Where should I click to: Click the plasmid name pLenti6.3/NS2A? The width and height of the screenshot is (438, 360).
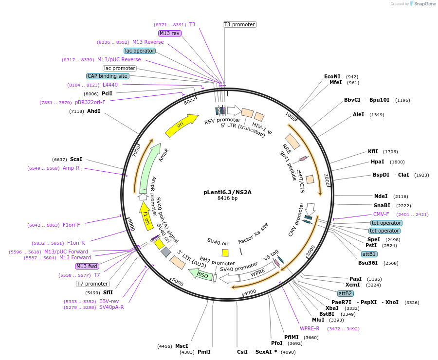227,192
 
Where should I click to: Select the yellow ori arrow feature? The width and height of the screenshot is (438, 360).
181,126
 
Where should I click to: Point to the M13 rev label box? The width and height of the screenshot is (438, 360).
170,33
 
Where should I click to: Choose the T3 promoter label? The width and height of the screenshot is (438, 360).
240,24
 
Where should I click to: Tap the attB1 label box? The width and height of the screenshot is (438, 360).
369,254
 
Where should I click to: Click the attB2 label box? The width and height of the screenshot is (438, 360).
346,293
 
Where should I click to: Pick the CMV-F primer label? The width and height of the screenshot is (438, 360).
381,214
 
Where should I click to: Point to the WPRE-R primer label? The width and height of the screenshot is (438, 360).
310,328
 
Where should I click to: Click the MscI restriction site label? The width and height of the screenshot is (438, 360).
182,346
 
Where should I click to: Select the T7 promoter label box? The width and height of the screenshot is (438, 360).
93,284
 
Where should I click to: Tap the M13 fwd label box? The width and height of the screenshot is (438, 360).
87,266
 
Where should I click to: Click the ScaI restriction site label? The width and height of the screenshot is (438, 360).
76,159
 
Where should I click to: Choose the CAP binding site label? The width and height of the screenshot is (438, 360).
108,76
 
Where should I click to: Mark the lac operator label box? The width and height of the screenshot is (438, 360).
140,51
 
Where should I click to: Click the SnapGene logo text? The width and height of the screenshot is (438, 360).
425,4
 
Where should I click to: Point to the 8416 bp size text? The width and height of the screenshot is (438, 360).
227,198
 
